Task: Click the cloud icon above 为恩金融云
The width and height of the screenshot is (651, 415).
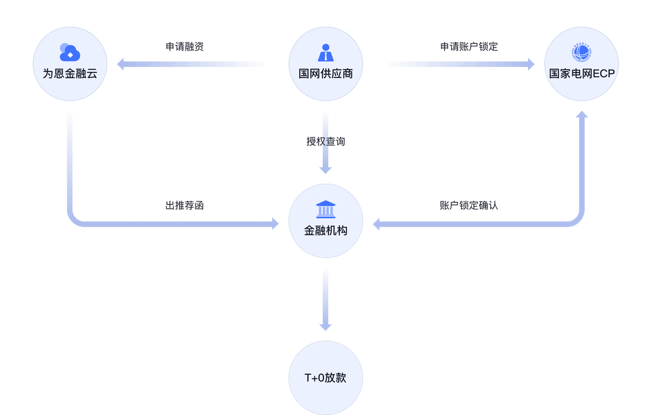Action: pyautogui.click(x=70, y=52)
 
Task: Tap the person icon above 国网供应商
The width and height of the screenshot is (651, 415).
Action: pyautogui.click(x=325, y=52)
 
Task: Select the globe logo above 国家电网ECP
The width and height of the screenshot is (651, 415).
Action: pyautogui.click(x=581, y=53)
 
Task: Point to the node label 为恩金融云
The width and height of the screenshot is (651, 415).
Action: pyautogui.click(x=70, y=74)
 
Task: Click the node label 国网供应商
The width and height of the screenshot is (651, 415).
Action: pyautogui.click(x=325, y=74)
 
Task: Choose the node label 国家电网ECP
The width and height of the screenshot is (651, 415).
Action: pyautogui.click(x=581, y=74)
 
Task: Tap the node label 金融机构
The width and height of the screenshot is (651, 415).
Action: pyautogui.click(x=325, y=231)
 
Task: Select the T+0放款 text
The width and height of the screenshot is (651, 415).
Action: pyautogui.click(x=325, y=377)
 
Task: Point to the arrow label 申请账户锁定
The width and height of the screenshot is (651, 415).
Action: pyautogui.click(x=469, y=47)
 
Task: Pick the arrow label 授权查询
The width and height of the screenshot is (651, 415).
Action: pyautogui.click(x=325, y=142)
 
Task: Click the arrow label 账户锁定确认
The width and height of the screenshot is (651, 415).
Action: pyautogui.click(x=468, y=205)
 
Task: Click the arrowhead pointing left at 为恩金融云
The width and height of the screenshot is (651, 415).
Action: pyautogui.click(x=121, y=64)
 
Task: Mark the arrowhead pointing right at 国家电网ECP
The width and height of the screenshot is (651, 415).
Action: pyautogui.click(x=530, y=64)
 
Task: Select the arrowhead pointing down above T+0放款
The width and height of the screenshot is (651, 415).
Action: pyautogui.click(x=325, y=325)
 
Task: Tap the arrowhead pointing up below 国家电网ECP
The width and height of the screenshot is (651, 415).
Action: pyautogui.click(x=581, y=116)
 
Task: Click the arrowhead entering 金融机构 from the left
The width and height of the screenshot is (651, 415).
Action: pyautogui.click(x=276, y=225)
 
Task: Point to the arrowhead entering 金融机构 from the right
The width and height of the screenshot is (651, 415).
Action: pyautogui.click(x=375, y=225)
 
